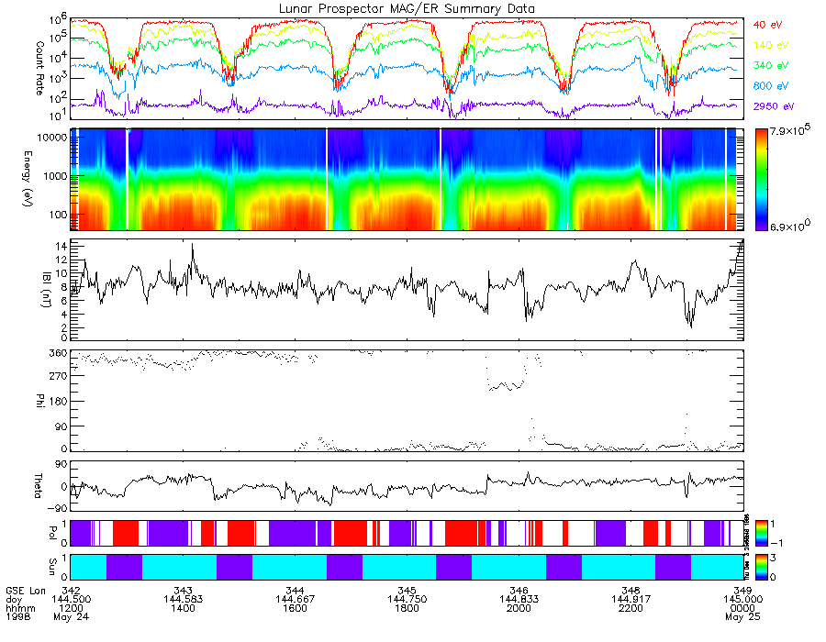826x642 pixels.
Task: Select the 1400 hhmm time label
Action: click(x=183, y=608)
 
